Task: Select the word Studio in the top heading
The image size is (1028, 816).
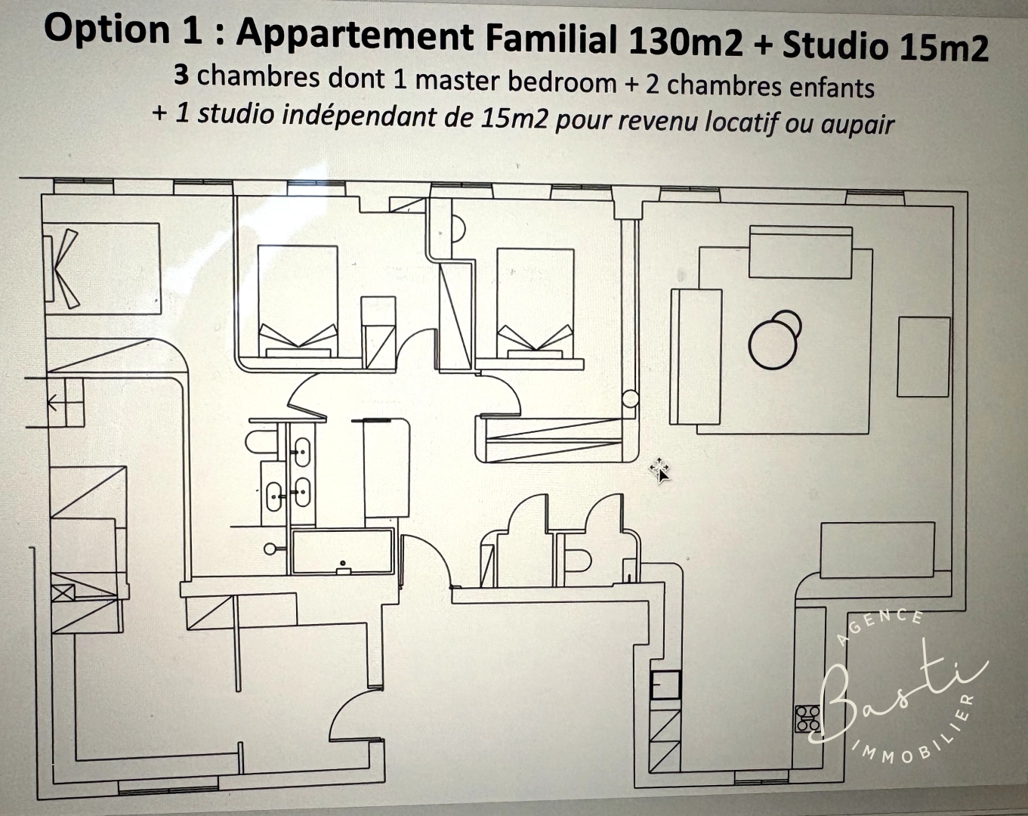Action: click(835, 45)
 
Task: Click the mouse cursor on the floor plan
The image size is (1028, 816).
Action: click(659, 471)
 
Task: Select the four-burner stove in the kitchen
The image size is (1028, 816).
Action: click(807, 719)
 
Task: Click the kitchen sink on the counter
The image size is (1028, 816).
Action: click(665, 686)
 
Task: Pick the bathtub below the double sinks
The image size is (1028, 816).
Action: click(343, 552)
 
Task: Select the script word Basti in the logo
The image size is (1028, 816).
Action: click(899, 691)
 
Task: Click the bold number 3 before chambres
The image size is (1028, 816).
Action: click(181, 74)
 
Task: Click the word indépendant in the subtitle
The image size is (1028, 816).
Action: click(364, 116)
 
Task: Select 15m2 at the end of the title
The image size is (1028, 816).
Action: click(943, 48)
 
